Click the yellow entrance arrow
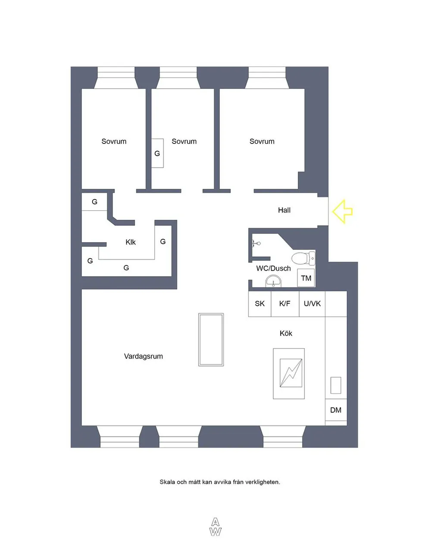tap(343, 211)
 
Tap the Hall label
tap(284, 210)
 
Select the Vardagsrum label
tap(144, 356)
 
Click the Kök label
tap(286, 333)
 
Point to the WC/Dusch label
tap(273, 268)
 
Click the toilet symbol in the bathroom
tap(303, 258)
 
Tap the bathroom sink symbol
tap(273, 283)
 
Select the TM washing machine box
tap(306, 278)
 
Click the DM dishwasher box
tap(336, 410)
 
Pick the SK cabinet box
tap(259, 304)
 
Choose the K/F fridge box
tap(285, 304)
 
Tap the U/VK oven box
tap(312, 304)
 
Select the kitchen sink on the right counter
tap(336, 385)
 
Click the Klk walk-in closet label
tap(131, 242)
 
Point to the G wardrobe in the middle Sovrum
tap(157, 153)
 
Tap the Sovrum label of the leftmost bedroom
tap(114, 141)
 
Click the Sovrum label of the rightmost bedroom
tap(262, 141)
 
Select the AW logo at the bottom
tap(215, 527)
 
